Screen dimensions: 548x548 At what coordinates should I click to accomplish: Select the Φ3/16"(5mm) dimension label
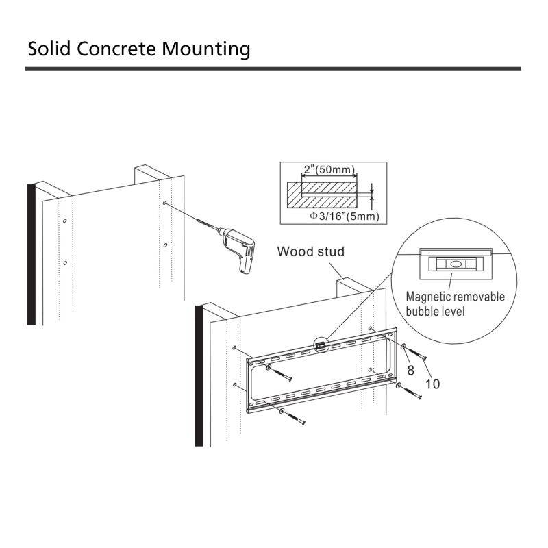[x=345, y=216]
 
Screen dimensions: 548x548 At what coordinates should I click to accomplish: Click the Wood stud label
[x=310, y=251]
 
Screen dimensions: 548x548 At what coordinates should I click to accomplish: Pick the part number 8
[x=411, y=369]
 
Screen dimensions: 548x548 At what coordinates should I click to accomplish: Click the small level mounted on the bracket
[x=320, y=346]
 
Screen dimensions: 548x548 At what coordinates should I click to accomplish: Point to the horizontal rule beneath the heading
[x=273, y=68]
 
